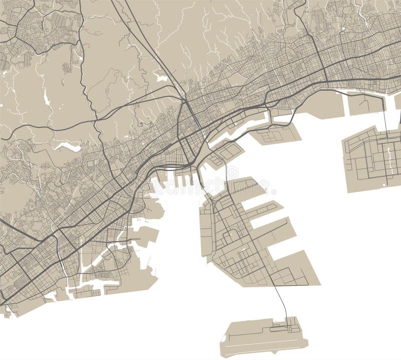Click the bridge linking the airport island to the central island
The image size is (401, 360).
[281, 301]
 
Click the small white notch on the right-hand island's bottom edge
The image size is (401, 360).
[385, 185]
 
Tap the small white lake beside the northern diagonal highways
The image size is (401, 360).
[162, 78]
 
